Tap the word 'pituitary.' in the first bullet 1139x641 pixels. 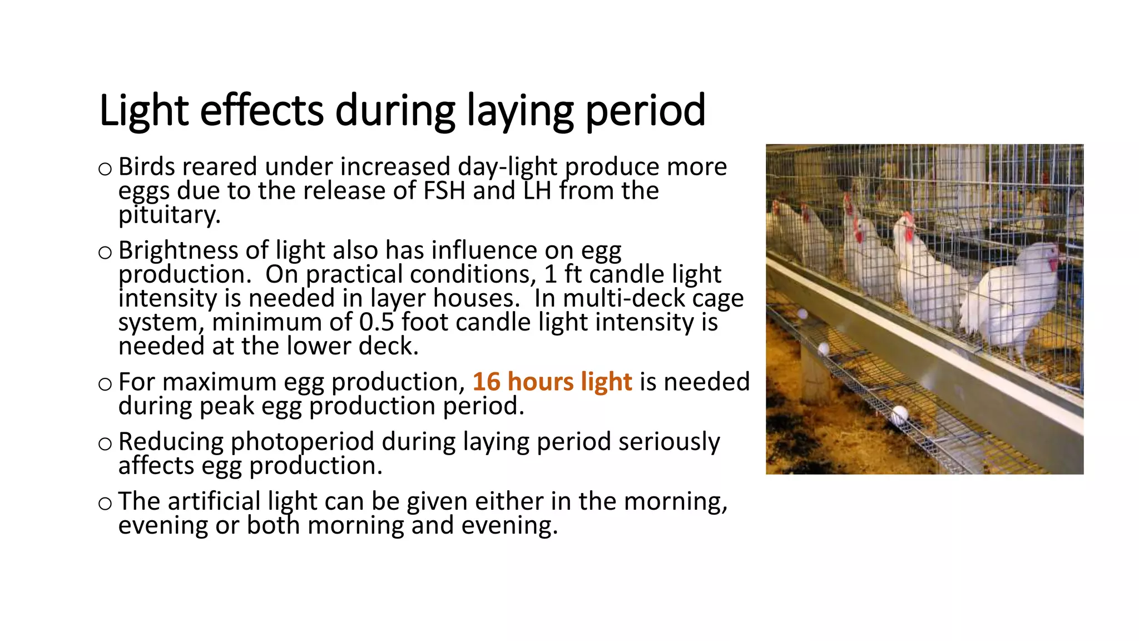point(170,215)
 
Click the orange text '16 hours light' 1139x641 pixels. point(552,382)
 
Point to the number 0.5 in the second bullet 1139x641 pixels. point(377,322)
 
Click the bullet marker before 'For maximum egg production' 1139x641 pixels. point(105,384)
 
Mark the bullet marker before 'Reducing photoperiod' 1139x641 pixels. point(105,443)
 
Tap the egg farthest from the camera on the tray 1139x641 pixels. point(803,314)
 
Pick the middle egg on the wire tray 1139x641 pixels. point(824,349)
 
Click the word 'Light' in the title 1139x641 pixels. point(143,111)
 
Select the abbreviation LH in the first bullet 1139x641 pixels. point(537,191)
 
